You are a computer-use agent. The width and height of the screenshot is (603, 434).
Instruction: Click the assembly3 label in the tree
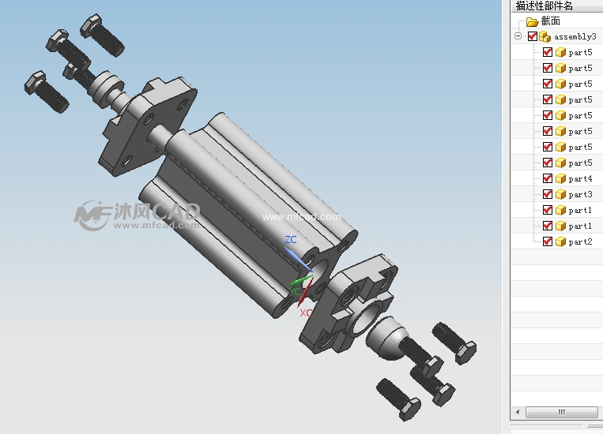[x=575, y=37]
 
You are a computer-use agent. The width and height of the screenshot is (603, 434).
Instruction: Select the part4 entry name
[x=580, y=178]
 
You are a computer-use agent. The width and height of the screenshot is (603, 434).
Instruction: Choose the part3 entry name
[x=580, y=194]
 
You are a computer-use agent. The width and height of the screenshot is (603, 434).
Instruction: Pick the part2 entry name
[x=580, y=241]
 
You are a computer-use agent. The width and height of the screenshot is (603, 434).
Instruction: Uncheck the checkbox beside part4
[x=547, y=178]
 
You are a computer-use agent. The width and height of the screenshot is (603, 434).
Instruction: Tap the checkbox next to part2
[x=547, y=241]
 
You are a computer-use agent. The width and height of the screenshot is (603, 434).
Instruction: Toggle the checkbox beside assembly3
[x=533, y=36]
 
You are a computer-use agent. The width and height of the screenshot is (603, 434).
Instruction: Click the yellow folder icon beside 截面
[x=532, y=21]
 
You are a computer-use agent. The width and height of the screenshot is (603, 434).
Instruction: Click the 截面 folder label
[x=550, y=21]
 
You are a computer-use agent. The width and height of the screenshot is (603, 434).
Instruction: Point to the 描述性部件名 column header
[x=545, y=6]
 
